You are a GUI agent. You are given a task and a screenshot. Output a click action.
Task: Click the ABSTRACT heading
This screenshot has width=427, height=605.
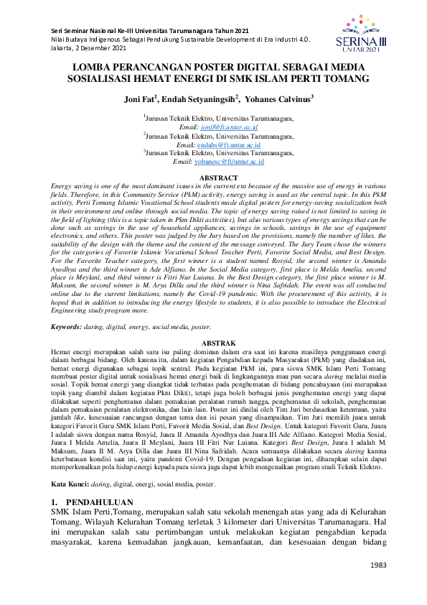click(x=218, y=177)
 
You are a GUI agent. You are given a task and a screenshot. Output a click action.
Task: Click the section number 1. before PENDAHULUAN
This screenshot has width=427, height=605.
click(x=55, y=478)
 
